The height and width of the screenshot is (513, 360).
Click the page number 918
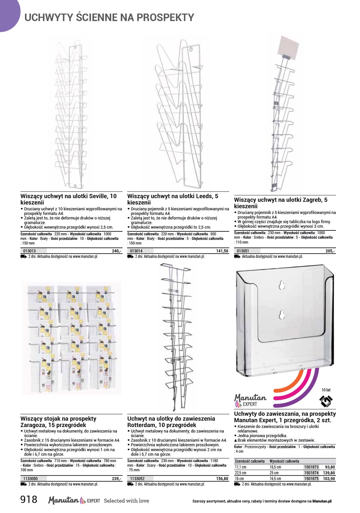click(x=29, y=499)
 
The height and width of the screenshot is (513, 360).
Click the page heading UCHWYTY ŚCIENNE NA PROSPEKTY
click(x=109, y=17)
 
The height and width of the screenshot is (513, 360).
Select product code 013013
click(x=29, y=251)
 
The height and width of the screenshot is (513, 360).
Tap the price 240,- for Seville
click(x=116, y=251)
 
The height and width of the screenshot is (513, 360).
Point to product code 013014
click(x=136, y=251)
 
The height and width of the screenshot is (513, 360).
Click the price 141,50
click(x=222, y=251)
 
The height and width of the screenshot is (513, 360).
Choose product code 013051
click(x=243, y=251)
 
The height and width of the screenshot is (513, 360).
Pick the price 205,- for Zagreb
click(x=330, y=251)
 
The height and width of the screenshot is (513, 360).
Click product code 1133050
click(x=31, y=479)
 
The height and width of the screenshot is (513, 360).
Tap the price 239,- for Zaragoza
click(x=116, y=479)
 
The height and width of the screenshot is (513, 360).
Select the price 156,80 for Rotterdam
click(x=222, y=479)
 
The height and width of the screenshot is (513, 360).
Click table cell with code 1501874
click(x=311, y=473)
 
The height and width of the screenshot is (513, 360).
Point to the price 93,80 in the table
click(x=330, y=467)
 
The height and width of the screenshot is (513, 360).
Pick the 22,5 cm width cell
click(x=241, y=473)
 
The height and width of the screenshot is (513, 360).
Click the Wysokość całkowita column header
click(x=284, y=461)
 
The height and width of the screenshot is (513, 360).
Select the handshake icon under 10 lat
click(x=326, y=401)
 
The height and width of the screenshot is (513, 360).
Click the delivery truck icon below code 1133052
click(x=131, y=484)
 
